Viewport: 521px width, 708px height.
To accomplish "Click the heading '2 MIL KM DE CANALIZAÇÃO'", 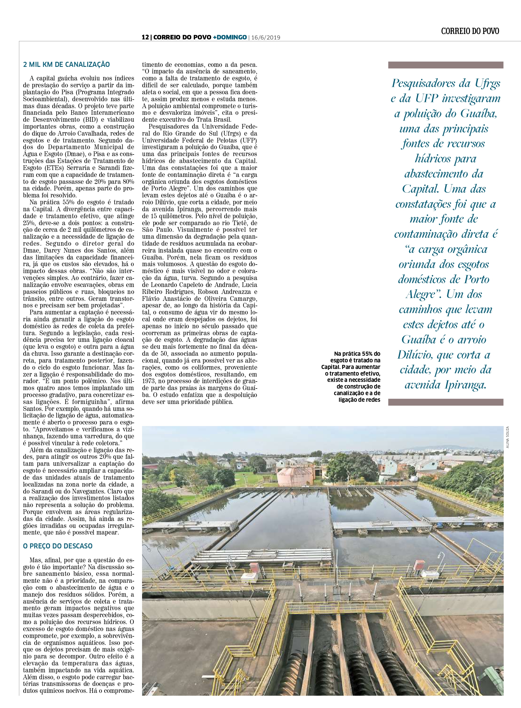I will tap(66, 65).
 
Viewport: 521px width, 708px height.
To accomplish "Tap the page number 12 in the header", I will tap(145, 37).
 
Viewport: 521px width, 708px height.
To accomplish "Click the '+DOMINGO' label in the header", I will tap(230, 37).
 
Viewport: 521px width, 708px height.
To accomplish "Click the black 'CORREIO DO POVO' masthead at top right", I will tap(470, 31).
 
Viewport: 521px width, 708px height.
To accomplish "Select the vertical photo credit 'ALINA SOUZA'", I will tap(507, 437).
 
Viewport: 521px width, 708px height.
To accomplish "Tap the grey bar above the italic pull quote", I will tap(446, 65).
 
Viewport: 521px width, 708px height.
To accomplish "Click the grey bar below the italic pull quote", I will tap(446, 402).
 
